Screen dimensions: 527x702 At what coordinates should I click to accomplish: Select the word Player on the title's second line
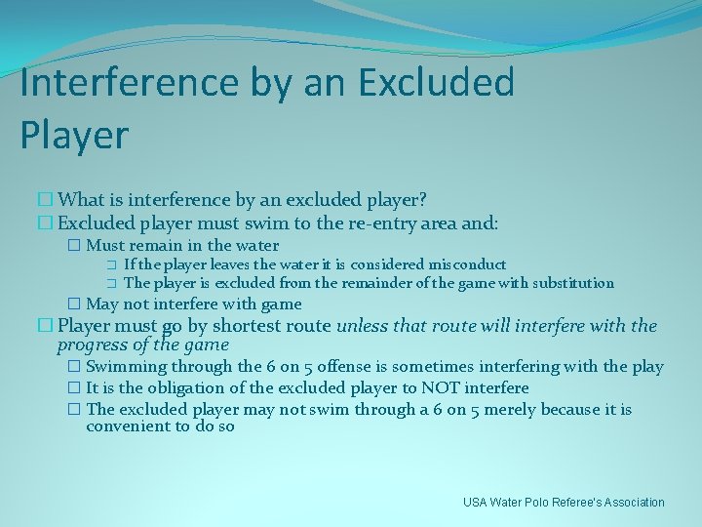(x=73, y=136)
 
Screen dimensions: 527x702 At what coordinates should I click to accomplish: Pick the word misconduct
(x=467, y=264)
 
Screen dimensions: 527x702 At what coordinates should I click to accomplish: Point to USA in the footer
(x=476, y=503)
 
